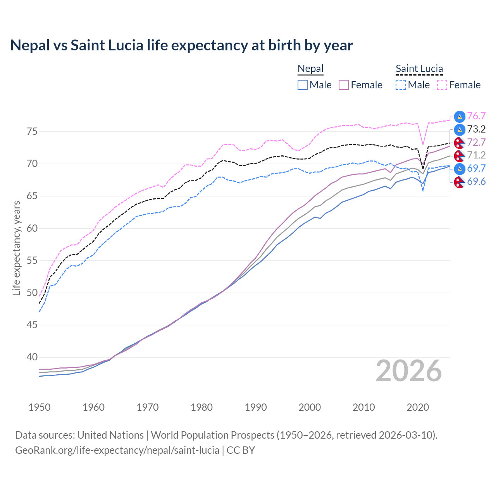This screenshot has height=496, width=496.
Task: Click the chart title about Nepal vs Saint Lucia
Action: pos(181,45)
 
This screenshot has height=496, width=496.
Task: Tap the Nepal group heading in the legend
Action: pos(310,69)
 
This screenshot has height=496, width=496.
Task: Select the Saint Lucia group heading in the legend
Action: pos(419,69)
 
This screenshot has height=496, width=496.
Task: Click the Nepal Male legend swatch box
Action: pos(303,85)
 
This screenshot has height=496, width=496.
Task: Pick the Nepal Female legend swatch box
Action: pos(344,85)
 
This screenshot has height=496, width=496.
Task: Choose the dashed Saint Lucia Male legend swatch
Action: pos(401,85)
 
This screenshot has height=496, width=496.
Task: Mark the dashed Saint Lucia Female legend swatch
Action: pos(442,85)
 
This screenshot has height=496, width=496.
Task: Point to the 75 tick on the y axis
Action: pos(32,132)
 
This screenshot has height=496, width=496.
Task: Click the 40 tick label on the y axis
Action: pos(32,357)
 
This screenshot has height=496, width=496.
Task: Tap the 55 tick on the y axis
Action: pos(32,260)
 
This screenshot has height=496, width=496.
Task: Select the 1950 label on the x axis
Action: pos(40,407)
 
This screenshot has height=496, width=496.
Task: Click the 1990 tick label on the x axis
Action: pos(256,407)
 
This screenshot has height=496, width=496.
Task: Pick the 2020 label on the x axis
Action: pos(418,407)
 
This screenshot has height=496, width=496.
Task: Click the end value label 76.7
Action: pos(476,116)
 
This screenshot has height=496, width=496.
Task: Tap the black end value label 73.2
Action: pos(476,129)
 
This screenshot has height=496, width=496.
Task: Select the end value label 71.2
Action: pos(476,155)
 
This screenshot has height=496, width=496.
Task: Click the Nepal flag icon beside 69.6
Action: pos(460,182)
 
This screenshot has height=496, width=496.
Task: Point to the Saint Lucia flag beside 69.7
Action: pos(460,169)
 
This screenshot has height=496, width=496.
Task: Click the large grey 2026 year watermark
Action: pos(409,371)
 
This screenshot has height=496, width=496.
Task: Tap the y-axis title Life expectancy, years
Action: pos(16,248)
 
